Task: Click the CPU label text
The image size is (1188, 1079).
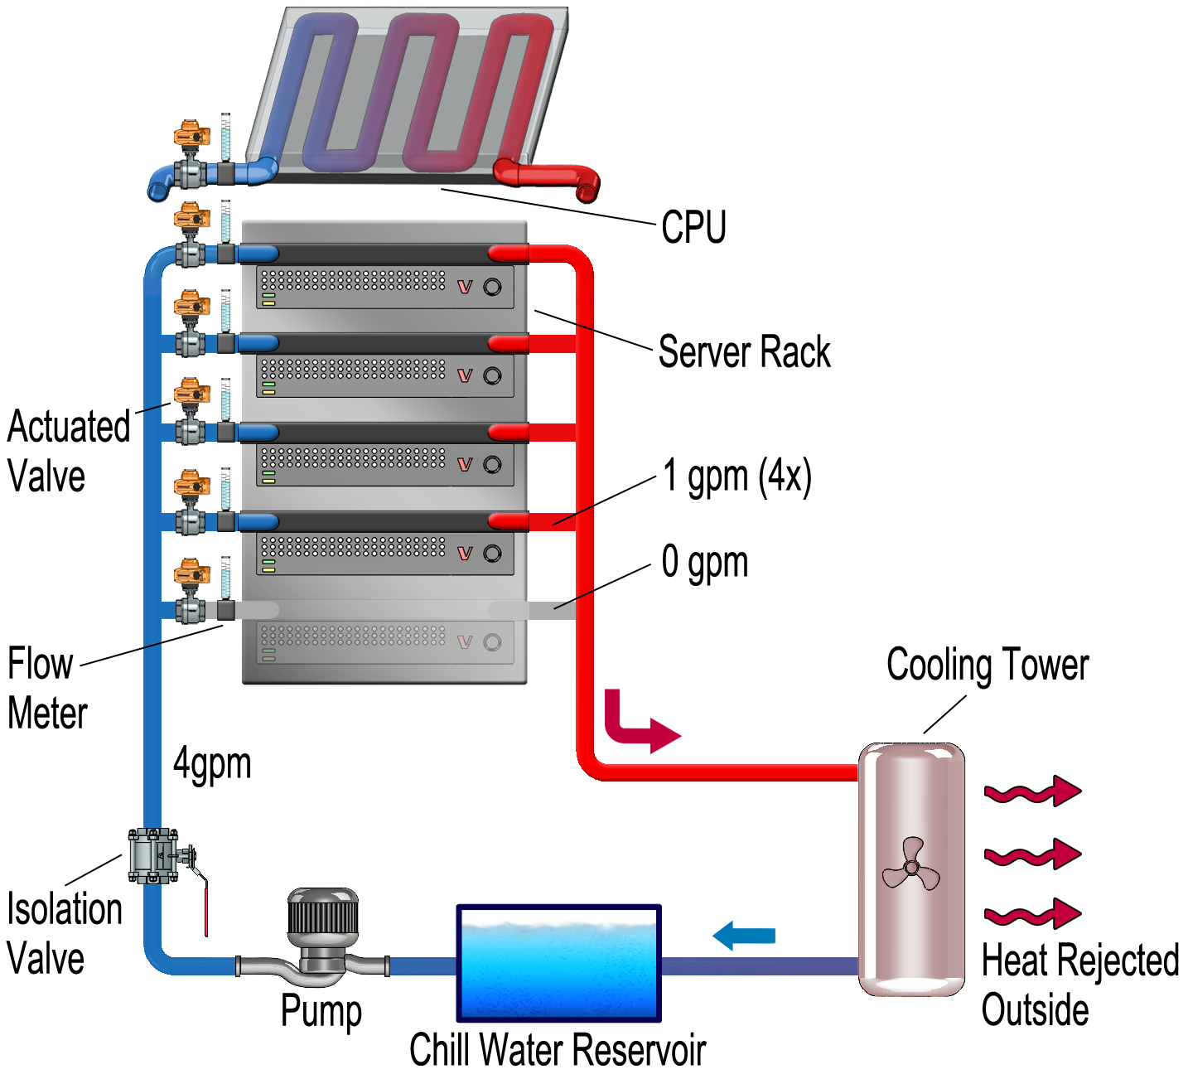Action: pos(693,226)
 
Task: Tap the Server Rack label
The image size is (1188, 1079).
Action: pos(743,352)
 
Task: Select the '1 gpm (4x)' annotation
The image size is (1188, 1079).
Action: pos(736,477)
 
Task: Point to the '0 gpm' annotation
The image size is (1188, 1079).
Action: pos(704,563)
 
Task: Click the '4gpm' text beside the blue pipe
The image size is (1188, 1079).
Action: pos(212,763)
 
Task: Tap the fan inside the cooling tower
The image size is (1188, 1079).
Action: pos(911,867)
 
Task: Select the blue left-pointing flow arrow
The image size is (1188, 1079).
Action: pos(743,936)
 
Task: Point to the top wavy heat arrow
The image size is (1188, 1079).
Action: pos(1032,792)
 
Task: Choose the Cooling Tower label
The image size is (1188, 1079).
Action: pos(987,665)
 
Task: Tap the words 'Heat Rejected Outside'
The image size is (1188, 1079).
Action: pos(1079,985)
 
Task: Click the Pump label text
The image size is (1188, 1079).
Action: pos(321,1011)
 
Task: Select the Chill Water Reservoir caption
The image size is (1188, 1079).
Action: pos(558,1050)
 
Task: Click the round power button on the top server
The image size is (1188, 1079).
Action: pos(492,287)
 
